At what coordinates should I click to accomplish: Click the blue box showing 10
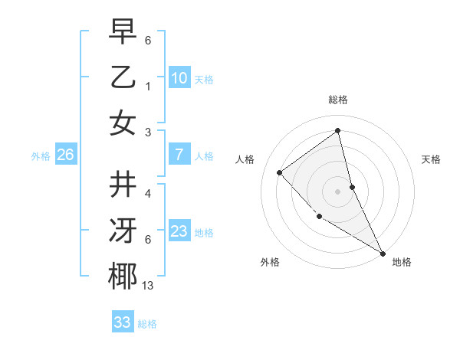(179, 78)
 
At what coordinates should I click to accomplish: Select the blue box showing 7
(179, 155)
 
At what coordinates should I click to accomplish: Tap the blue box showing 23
(179, 231)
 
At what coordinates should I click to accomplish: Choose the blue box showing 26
(65, 155)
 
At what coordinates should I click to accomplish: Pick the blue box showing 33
(123, 322)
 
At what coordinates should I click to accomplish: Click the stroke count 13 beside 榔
(147, 286)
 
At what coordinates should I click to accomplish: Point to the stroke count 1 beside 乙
(148, 86)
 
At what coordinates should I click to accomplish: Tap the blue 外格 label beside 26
(41, 156)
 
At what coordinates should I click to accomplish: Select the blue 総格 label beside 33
(147, 324)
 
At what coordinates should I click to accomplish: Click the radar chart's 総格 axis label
(338, 100)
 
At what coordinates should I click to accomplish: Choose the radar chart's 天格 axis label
(431, 159)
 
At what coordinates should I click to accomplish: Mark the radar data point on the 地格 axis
(383, 253)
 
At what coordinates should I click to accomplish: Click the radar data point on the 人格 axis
(280, 172)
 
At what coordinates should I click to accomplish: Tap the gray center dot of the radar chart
(338, 191)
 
